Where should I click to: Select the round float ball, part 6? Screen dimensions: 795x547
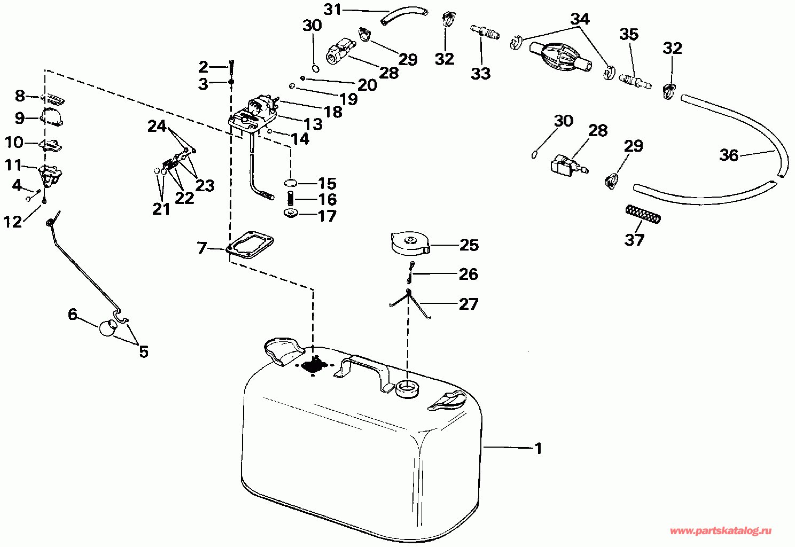tap(107, 327)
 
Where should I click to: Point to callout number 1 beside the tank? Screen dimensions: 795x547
tap(539, 448)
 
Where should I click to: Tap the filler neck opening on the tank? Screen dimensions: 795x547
tap(407, 388)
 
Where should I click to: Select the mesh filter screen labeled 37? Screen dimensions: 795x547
tap(643, 214)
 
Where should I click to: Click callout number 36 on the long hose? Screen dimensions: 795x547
tap(729, 155)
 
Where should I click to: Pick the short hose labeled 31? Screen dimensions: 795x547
tap(404, 17)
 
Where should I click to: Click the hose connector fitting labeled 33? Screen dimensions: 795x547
tap(485, 32)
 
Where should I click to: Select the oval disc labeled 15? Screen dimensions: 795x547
tap(291, 183)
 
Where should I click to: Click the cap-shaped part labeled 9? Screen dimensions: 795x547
tap(52, 116)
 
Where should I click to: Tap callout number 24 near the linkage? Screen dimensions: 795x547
tap(157, 126)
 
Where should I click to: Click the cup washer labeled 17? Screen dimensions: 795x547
tap(291, 214)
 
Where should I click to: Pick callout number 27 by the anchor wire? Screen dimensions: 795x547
tap(469, 304)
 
